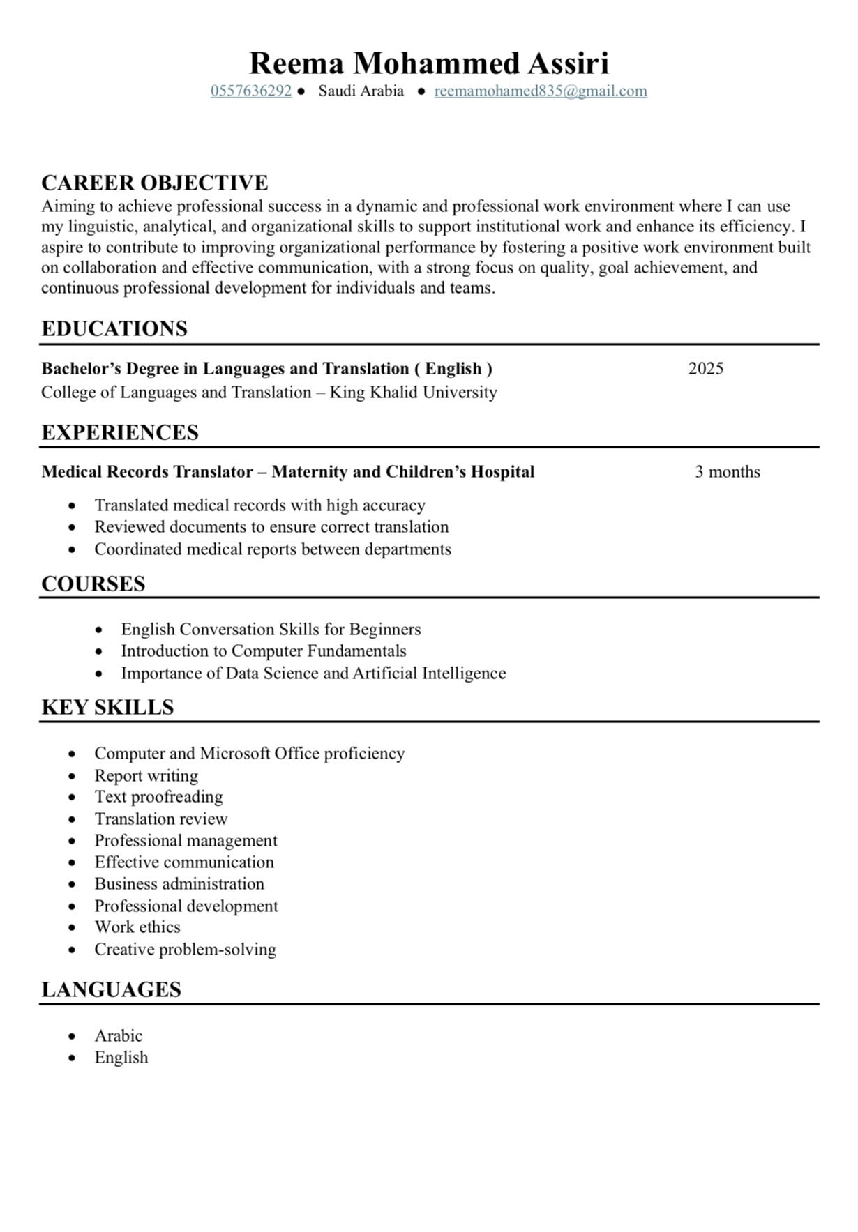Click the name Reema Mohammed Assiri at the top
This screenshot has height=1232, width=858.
(429, 63)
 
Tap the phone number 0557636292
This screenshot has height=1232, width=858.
(251, 91)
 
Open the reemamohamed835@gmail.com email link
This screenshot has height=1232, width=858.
(541, 91)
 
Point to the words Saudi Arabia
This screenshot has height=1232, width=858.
(361, 91)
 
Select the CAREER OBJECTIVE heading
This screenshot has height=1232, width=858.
(154, 183)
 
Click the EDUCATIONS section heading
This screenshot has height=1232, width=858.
(114, 328)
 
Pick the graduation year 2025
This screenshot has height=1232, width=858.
(705, 368)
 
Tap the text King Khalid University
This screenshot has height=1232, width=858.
(413, 392)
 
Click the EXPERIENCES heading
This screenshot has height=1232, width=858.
(120, 432)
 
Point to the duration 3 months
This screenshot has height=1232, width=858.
(727, 471)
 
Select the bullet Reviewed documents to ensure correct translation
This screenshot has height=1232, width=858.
(271, 526)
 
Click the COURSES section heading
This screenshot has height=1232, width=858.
(93, 584)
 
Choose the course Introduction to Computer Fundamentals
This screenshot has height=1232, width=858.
(263, 651)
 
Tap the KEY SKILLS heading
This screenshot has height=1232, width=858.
(107, 707)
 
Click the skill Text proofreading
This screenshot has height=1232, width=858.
(158, 796)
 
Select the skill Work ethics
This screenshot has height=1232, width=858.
(137, 927)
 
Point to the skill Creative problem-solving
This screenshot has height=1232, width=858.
(185, 949)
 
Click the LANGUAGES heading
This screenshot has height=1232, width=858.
(111, 989)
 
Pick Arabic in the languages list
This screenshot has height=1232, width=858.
(119, 1035)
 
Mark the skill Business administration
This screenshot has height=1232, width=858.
(179, 883)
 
